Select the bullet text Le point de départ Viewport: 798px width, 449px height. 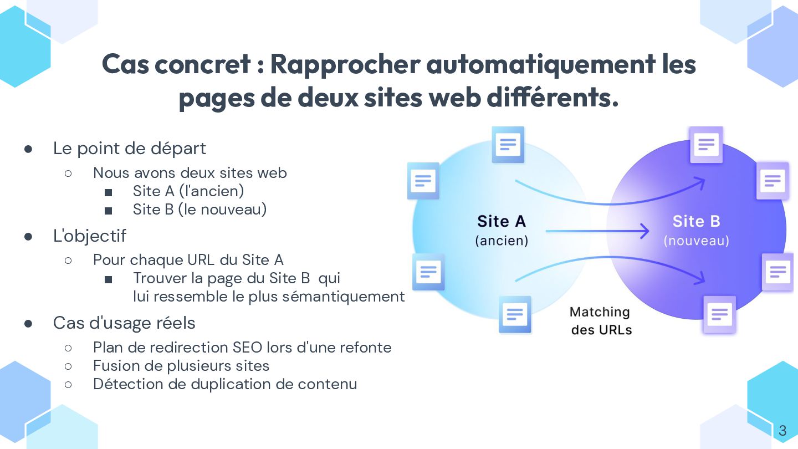(129, 149)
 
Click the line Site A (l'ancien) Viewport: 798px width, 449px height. (188, 191)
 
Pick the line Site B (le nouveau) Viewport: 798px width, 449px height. (199, 210)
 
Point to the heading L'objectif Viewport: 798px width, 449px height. (90, 236)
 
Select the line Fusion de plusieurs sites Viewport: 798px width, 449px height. (181, 366)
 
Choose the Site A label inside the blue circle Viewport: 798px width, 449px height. (502, 222)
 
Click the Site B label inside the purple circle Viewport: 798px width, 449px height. (696, 222)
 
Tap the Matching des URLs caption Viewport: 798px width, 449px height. (601, 320)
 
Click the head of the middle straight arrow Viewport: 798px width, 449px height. (644, 231)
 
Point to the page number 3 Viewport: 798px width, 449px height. (782, 431)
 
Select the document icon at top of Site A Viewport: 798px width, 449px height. (508, 145)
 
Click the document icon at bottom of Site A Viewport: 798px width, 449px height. (515, 314)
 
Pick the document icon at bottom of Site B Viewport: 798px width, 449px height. (719, 315)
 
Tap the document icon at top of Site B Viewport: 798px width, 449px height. (706, 145)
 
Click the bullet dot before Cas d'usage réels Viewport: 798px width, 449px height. (28, 323)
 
